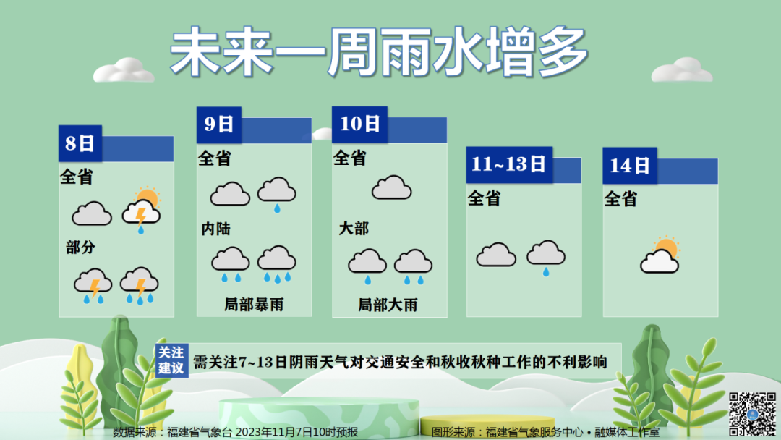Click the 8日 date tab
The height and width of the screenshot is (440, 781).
(x=80, y=143)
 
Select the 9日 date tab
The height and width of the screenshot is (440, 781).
(x=218, y=124)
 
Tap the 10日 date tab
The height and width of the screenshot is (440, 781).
(x=359, y=124)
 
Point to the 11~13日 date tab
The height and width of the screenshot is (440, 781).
(x=509, y=164)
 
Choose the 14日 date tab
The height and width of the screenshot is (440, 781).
(x=630, y=166)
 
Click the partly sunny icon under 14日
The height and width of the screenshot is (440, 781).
(x=660, y=255)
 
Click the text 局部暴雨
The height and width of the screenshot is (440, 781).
(x=254, y=305)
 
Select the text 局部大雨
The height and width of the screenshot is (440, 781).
(x=388, y=305)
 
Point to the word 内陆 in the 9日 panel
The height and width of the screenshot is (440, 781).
(x=215, y=229)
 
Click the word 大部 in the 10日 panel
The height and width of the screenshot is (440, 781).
(x=354, y=229)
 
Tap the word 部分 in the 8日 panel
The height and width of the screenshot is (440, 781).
(x=81, y=247)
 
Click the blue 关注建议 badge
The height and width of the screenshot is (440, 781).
(x=171, y=360)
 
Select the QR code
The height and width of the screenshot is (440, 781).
(x=753, y=415)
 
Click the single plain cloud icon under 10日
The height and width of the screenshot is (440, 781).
(x=391, y=188)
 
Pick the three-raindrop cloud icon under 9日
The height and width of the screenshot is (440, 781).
(x=277, y=264)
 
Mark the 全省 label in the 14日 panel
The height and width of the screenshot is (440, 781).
(x=620, y=199)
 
